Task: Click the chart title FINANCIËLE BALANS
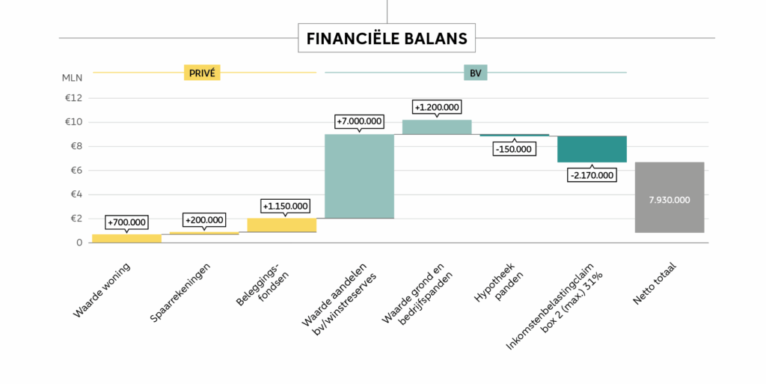point(387,37)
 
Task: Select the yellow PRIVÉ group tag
point(202,73)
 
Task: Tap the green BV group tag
point(475,73)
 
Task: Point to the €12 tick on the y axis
point(73,98)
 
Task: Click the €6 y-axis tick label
point(73,171)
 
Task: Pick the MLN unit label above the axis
point(73,78)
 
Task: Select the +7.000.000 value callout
point(359,121)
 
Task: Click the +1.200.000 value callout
point(438,107)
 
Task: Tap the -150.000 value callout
point(513,149)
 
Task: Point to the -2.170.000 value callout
point(591,175)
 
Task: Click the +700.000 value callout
point(126,222)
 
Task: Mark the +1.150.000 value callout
point(285,206)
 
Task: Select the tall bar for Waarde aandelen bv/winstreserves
point(359,176)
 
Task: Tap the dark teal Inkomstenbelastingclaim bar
point(592,149)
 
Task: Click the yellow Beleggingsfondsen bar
point(281,225)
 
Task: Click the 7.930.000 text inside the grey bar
point(669,200)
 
